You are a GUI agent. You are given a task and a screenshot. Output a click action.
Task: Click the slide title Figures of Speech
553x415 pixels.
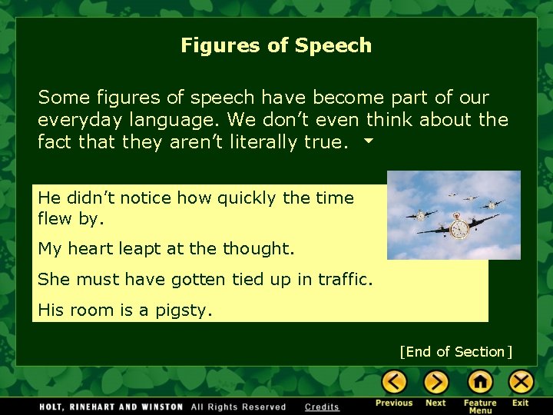(276, 45)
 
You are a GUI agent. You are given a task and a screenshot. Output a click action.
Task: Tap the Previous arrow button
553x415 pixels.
(394, 381)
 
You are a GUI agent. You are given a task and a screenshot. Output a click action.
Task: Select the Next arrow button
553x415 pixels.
(435, 381)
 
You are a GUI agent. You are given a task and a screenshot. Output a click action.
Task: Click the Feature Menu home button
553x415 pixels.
(480, 381)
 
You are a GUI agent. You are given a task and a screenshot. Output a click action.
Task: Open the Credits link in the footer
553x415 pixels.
(322, 407)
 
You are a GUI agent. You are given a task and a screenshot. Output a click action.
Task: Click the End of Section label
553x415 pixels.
(455, 352)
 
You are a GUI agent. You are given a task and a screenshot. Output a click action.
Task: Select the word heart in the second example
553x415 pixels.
(88, 249)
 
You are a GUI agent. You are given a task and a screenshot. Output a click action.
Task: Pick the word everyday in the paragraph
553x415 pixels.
(75, 120)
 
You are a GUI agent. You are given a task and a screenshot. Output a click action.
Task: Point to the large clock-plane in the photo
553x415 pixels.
(459, 228)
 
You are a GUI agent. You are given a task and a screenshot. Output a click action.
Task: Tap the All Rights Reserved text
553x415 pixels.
(238, 407)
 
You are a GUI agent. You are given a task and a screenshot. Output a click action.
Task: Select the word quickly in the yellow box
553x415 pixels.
(247, 198)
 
